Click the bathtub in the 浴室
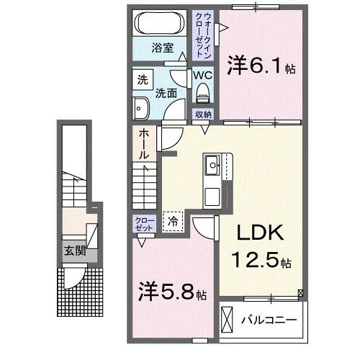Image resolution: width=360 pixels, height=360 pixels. tap(161, 22)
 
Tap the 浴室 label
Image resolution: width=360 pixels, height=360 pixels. tap(161, 49)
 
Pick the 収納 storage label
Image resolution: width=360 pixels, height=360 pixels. tap(203, 114)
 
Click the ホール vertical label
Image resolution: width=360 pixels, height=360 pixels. tap(143, 145)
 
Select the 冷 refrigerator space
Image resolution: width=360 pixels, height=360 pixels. tap(173, 222)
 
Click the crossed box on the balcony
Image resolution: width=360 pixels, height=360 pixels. tap(228, 318)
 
